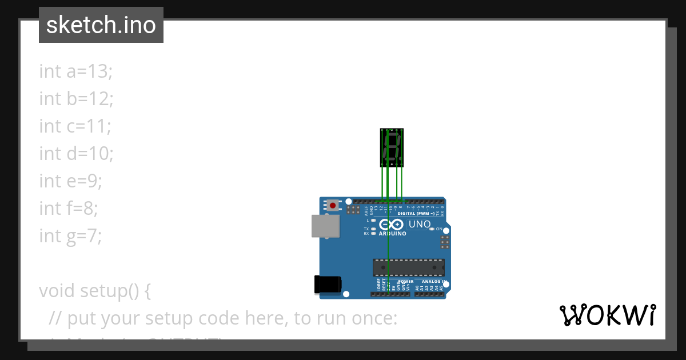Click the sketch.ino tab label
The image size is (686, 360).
click(x=101, y=25)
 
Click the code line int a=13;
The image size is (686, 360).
click(x=76, y=71)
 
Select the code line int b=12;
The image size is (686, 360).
click(x=77, y=99)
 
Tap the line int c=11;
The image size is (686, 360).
click(x=75, y=126)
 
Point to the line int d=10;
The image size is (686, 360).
click(x=77, y=154)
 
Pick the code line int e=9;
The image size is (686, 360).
click(x=70, y=181)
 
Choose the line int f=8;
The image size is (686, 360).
click(x=69, y=209)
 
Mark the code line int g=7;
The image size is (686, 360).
click(x=70, y=236)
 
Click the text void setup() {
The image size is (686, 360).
click(x=95, y=291)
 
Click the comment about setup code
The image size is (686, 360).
click(x=223, y=318)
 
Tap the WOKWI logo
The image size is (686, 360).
click(x=607, y=315)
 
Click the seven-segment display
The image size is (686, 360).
click(x=392, y=147)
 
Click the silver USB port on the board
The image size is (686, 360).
click(x=325, y=226)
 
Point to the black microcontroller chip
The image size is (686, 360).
click(x=408, y=267)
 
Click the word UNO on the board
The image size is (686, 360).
click(x=420, y=224)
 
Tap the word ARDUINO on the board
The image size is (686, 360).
click(x=393, y=234)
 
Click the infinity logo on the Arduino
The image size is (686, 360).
click(x=392, y=225)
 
